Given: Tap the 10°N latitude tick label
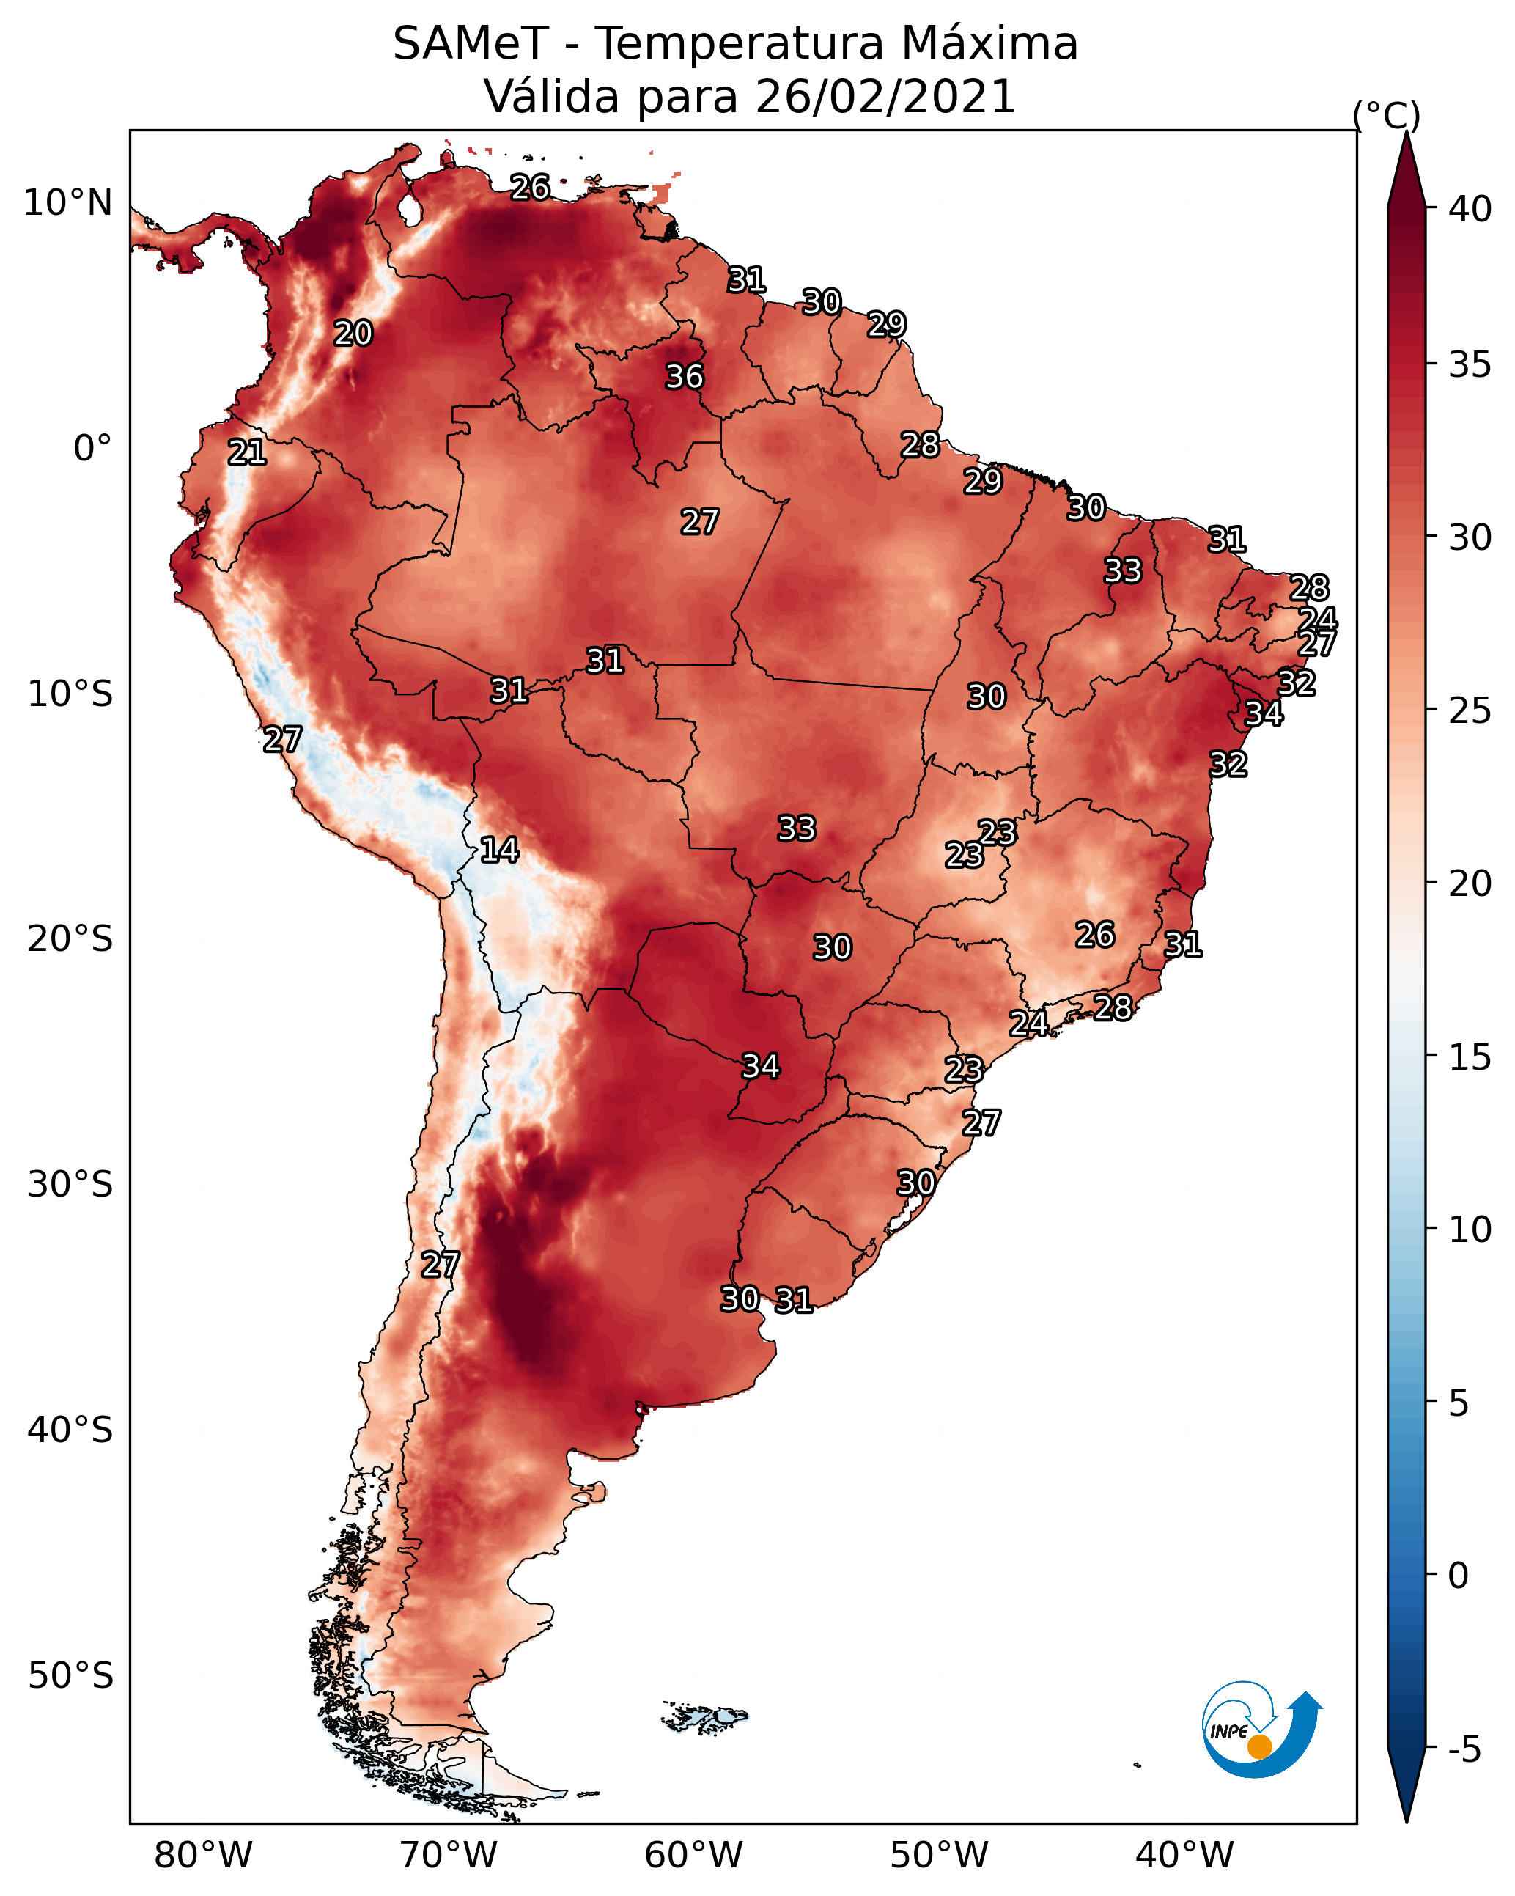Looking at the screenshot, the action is click(x=67, y=203).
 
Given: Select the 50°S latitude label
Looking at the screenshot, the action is click(x=70, y=1677).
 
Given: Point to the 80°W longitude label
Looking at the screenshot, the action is click(x=203, y=1856).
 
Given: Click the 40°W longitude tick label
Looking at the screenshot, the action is click(x=1184, y=1856).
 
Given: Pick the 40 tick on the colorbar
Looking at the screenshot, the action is click(x=1470, y=209).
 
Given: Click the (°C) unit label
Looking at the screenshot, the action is click(x=1387, y=115).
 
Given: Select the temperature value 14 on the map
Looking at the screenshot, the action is click(x=499, y=850).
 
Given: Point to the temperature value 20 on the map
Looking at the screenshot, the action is click(x=353, y=334).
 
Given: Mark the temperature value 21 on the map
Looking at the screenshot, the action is click(x=247, y=453).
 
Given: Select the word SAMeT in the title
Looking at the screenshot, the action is click(x=471, y=43).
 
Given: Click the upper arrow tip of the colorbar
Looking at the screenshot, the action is click(x=1406, y=132).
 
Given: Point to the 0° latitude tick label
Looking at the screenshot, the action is click(x=92, y=449).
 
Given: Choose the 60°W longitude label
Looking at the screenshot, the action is click(x=694, y=1856).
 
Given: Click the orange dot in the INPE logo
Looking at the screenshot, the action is click(x=1259, y=1746).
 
